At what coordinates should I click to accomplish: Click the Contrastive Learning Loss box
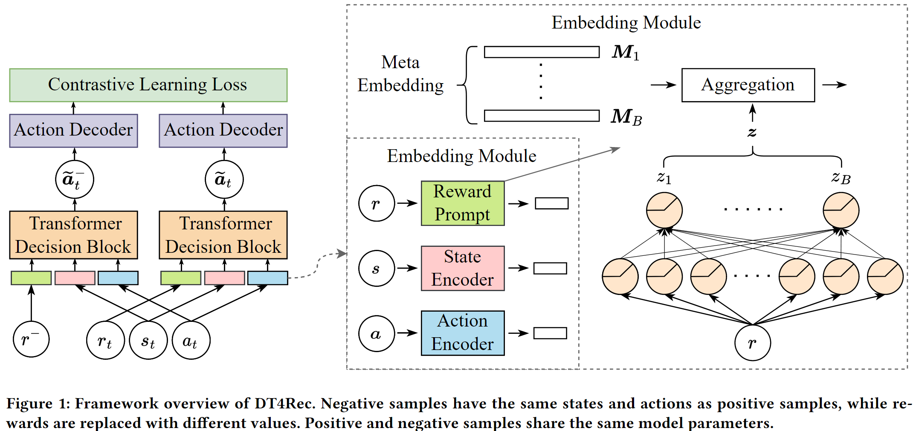coord(148,85)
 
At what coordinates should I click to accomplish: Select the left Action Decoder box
coord(73,130)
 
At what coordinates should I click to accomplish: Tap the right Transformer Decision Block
coord(223,235)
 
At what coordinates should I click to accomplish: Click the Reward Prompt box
coord(463,203)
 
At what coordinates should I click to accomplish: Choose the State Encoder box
coord(463,268)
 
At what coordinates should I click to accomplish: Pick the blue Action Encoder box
coord(463,333)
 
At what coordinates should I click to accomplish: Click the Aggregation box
coord(748,85)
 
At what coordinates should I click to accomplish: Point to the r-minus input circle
coord(31,339)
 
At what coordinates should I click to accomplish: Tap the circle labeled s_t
coord(148,341)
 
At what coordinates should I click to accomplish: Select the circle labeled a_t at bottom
coord(191,341)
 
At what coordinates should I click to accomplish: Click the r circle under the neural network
coord(752,343)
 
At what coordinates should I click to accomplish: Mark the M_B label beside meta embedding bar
coord(626,117)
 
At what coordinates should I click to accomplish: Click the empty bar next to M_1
coord(542,52)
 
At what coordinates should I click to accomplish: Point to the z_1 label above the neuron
coord(664,177)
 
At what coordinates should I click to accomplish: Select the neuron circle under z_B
coord(841,211)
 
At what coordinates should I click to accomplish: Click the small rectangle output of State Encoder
coord(550,268)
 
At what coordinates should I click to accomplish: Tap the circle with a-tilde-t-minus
coord(75,179)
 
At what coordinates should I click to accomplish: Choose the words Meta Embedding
coord(400,74)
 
